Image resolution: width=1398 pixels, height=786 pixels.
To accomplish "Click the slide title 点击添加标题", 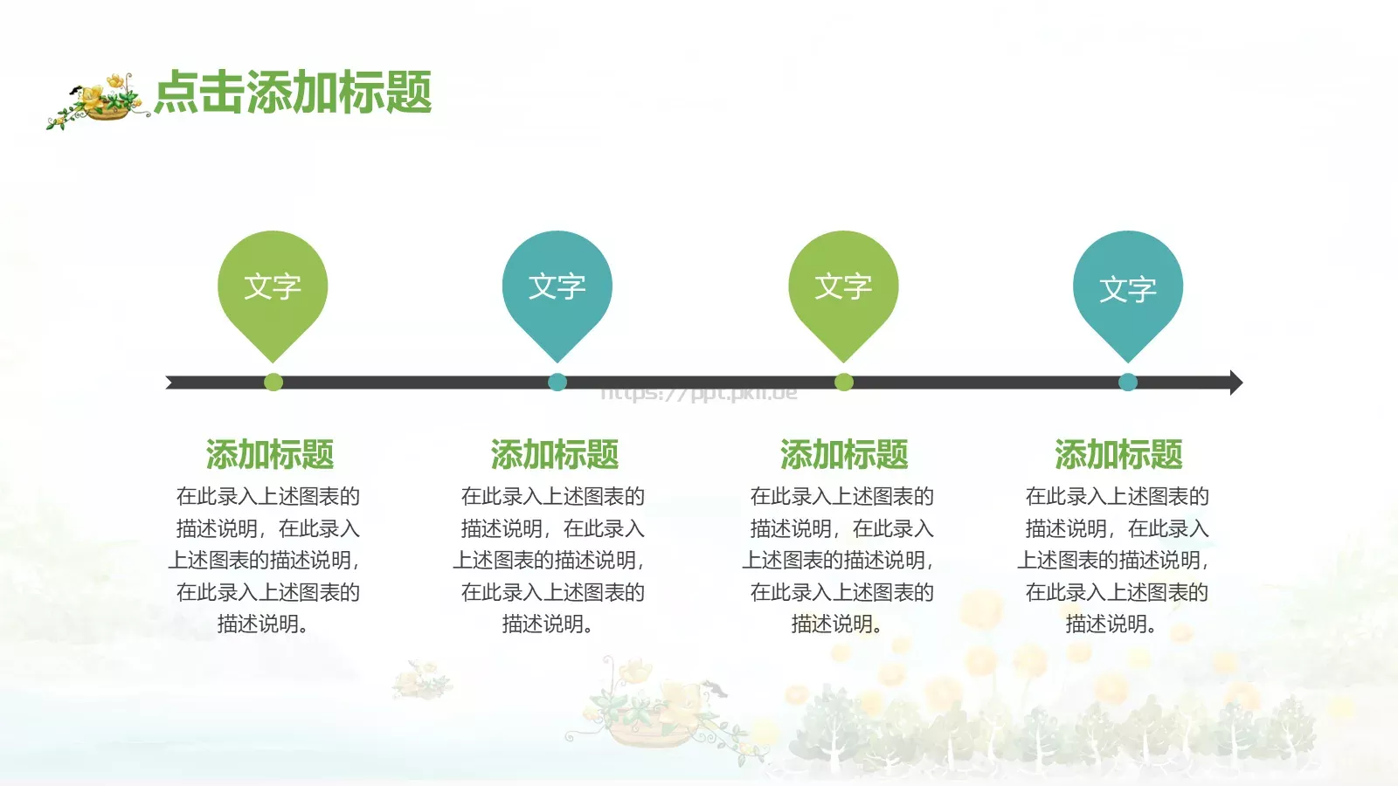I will point(294,93).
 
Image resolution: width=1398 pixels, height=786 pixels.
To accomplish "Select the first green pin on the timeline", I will point(273,288).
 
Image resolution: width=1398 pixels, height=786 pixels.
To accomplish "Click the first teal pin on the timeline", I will point(557,288).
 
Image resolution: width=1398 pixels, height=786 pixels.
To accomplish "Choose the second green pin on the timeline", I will point(843,288).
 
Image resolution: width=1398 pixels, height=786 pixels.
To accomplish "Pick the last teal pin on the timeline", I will point(1128,288).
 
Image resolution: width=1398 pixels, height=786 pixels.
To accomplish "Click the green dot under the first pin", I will point(273,382).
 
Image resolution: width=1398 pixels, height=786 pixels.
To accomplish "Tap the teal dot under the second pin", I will point(557,382).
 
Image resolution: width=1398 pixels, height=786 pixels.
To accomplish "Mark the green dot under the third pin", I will point(844,382).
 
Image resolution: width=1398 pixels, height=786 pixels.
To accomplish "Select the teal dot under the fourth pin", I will point(1128,382).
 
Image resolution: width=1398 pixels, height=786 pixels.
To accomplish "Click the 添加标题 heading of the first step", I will point(270,455).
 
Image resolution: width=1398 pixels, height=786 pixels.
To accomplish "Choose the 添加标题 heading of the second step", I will point(555,455).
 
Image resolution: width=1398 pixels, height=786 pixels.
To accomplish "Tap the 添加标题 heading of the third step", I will point(844,455).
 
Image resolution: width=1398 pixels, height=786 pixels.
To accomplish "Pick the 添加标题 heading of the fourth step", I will point(1118,455).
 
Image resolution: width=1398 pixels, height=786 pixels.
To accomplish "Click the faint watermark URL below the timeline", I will point(699,394).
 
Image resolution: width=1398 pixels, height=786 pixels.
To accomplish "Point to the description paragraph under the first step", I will point(267,560).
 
